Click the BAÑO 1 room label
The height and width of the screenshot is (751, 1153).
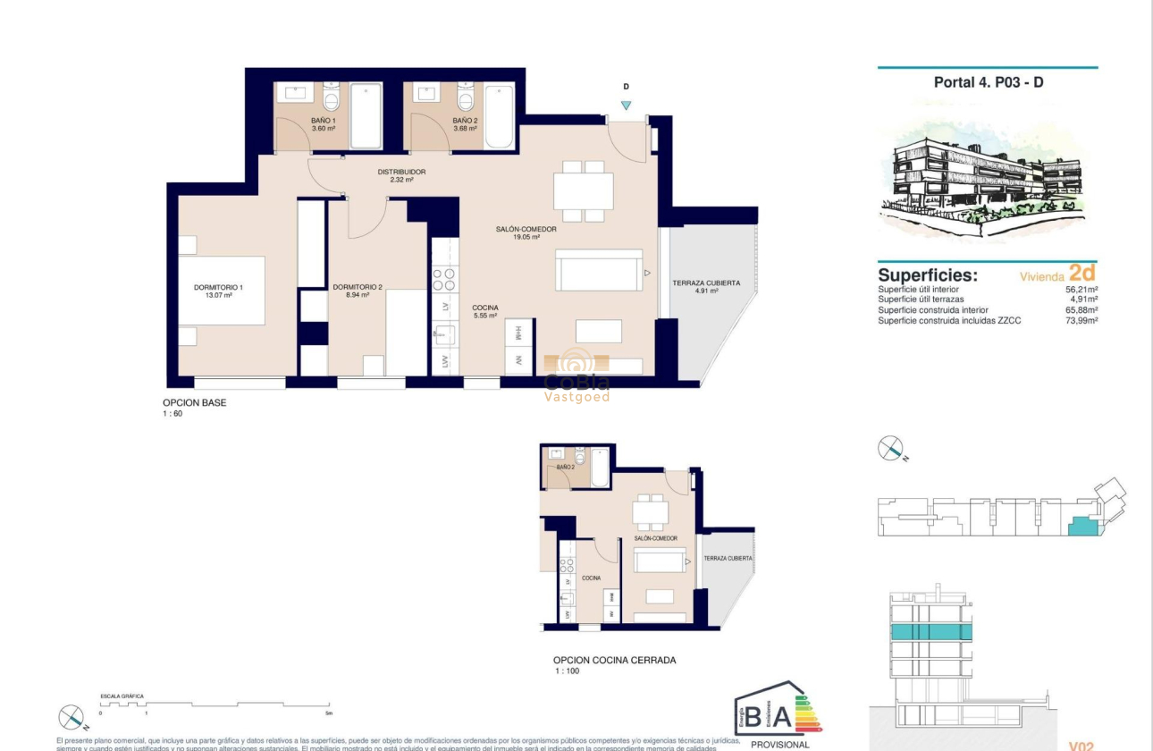point(324,124)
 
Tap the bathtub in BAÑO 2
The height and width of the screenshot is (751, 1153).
point(499,116)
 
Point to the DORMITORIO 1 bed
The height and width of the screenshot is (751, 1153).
point(222,291)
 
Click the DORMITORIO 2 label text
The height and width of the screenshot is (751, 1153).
point(358,288)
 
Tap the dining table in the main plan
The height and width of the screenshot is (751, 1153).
point(583,190)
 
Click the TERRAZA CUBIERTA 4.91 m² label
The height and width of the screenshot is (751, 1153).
point(706,287)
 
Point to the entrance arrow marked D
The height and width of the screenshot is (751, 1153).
point(626,105)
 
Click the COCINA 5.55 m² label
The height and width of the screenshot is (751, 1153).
point(485,311)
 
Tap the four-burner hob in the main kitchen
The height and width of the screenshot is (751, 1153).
point(444,280)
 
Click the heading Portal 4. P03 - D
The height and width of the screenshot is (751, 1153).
point(989,82)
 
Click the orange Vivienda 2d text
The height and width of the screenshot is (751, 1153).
point(1057,275)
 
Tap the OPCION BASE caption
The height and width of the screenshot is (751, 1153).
point(194,403)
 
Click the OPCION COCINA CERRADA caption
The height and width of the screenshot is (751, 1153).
point(614,661)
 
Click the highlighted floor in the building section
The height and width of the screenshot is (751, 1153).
point(930,632)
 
